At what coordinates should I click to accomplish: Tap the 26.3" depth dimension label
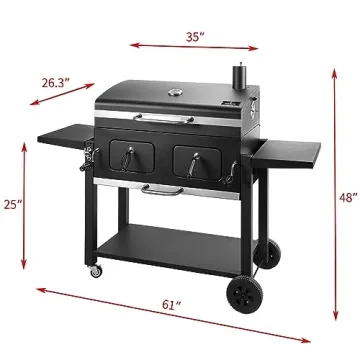(57, 84)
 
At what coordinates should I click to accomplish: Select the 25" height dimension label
(11, 204)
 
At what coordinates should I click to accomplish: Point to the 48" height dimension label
(347, 199)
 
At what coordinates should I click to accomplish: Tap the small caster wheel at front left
(97, 271)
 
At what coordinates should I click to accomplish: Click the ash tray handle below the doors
(163, 188)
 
